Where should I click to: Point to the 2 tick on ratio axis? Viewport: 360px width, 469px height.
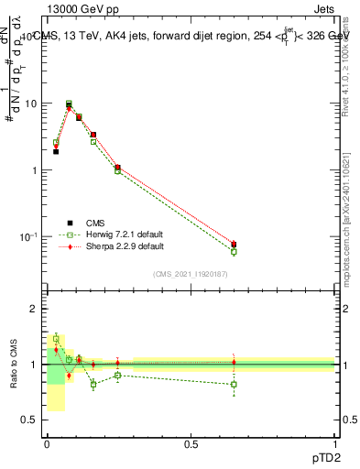pos(35,309)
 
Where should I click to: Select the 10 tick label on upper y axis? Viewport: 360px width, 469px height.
pos(31,104)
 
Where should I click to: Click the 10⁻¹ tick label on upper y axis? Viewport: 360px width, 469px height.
pos(27,236)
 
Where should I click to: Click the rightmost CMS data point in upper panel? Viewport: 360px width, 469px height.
pos(234,245)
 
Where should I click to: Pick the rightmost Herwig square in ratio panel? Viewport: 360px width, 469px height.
pos(234,384)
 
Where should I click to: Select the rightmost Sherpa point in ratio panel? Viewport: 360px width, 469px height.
pos(234,362)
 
